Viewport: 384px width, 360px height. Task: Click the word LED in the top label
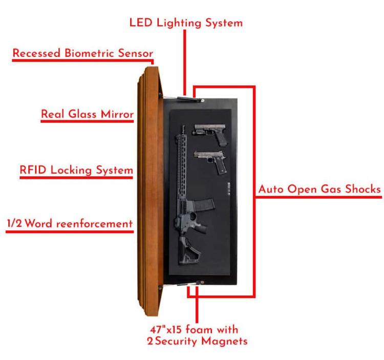(141, 23)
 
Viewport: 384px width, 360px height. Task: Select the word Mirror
(117, 114)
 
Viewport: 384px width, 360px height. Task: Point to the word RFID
(33, 170)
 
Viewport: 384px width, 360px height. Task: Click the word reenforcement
(95, 224)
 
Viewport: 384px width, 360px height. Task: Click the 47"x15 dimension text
(166, 329)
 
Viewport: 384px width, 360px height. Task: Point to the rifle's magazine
(203, 205)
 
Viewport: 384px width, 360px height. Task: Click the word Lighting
(179, 24)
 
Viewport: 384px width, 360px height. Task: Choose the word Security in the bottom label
(176, 342)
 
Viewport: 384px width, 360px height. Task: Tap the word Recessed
(36, 53)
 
